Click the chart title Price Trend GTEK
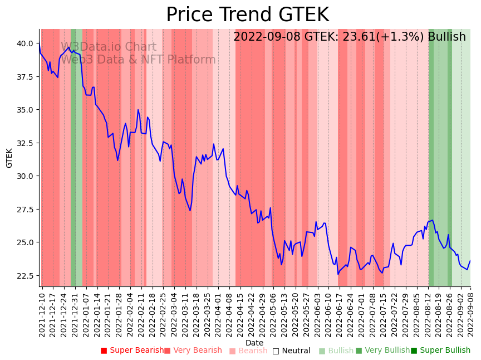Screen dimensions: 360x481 pyautogui.click(x=247, y=15)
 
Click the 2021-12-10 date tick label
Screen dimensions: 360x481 pyautogui.click(x=42, y=314)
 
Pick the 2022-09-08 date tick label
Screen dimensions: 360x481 pyautogui.click(x=471, y=314)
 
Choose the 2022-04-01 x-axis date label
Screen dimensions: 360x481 pyautogui.click(x=218, y=314)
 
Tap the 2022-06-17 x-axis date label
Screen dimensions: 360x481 pyautogui.click(x=338, y=314)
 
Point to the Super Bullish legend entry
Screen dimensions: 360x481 pyautogui.click(x=440, y=351)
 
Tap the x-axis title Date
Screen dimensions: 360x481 pyautogui.click(x=254, y=343)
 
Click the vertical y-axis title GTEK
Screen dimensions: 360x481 pyautogui.click(x=9, y=158)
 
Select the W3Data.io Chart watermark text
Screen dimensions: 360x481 pyautogui.click(x=109, y=47)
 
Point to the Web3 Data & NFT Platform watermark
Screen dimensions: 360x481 pyautogui.click(x=138, y=60)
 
